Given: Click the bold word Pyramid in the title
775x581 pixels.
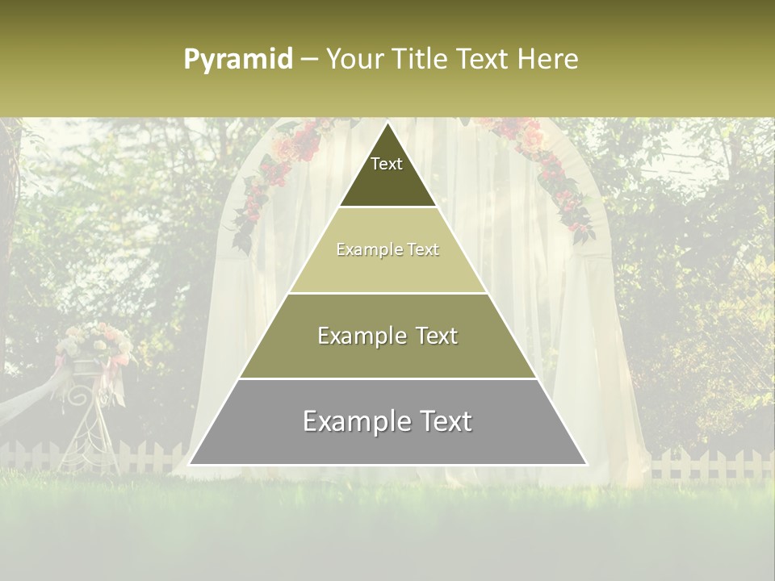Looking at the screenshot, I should tap(237, 60).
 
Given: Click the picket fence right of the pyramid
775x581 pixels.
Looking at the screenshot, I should tap(710, 465).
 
